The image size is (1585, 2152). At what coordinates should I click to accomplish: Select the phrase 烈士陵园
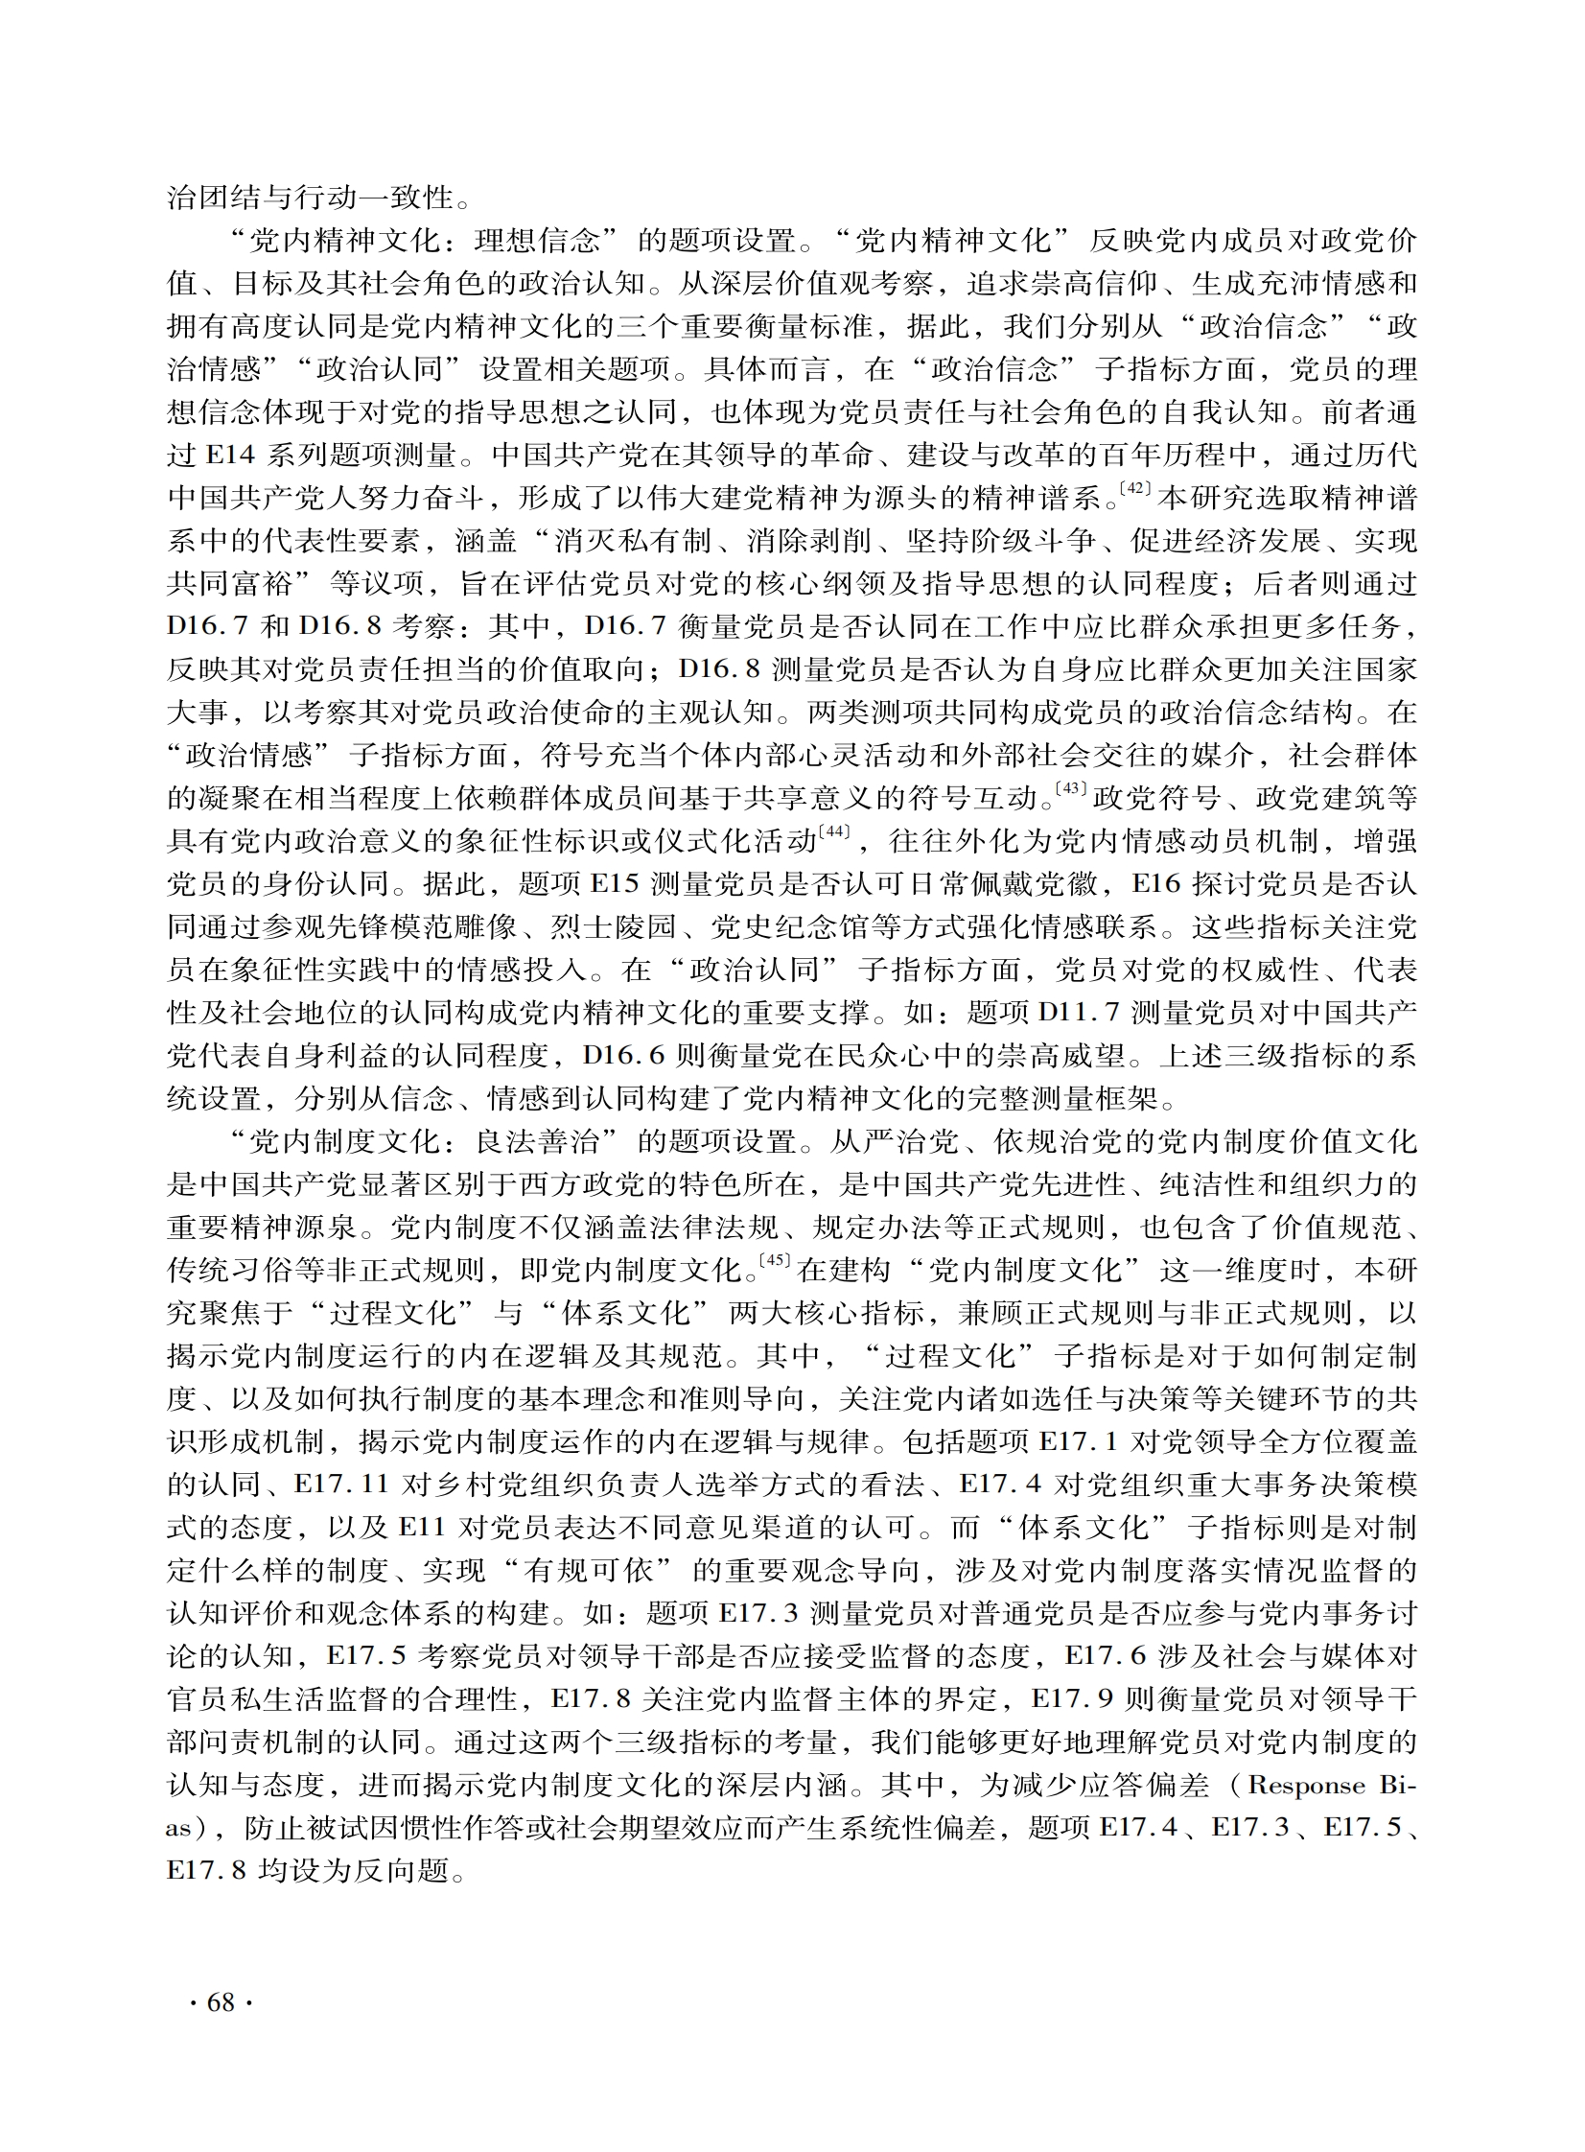[x=614, y=926]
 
